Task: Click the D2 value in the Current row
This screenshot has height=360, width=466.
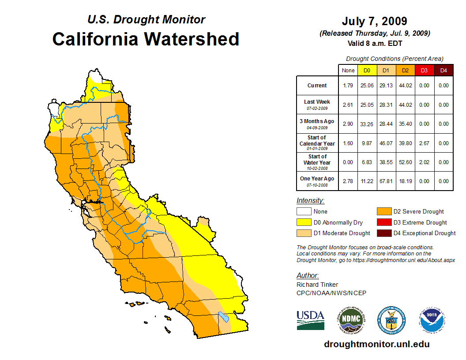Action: coord(405,86)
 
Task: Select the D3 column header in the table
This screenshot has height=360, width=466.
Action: coord(424,70)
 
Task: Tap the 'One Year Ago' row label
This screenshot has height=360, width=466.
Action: coord(317,179)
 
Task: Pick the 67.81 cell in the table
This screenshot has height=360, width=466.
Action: coord(386,181)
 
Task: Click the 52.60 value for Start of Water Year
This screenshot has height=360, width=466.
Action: coord(405,162)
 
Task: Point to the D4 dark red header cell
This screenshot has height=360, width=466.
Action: coord(443,70)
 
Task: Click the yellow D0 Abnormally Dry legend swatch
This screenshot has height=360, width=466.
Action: coord(304,222)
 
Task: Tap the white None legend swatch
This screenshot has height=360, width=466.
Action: coord(304,212)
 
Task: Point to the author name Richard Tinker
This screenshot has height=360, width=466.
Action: coord(317,285)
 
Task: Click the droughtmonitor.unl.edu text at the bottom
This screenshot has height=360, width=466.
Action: coord(376,344)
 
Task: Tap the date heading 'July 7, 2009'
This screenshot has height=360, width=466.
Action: coord(374,21)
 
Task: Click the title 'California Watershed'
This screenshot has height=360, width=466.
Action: coord(146,39)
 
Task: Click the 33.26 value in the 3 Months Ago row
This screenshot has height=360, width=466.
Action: coord(367,124)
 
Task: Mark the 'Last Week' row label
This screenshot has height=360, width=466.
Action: coord(317,102)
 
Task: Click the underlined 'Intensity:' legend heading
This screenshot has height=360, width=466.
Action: coord(310,200)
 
